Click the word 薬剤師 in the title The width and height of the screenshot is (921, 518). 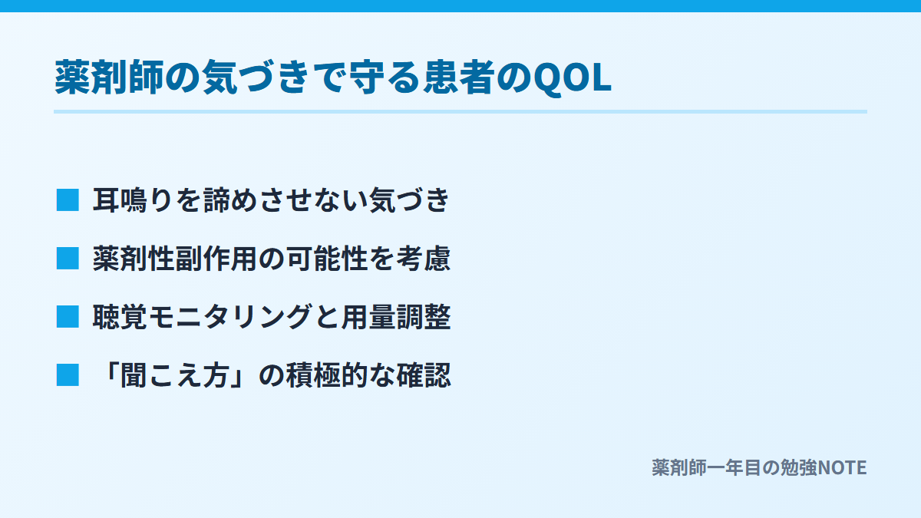[110, 78]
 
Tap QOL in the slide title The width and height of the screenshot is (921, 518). [572, 78]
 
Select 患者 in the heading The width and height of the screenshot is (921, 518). [459, 78]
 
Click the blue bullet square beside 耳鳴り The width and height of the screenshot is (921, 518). [68, 200]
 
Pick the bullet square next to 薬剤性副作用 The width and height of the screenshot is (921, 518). [68, 258]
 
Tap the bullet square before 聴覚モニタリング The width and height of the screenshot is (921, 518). [68, 316]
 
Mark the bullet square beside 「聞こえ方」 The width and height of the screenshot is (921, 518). [68, 375]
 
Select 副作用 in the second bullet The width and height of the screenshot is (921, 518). [216, 259]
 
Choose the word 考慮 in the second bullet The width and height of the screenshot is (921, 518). [424, 259]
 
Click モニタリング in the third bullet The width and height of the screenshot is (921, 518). [229, 317]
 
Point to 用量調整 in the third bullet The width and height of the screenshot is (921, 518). [396, 317]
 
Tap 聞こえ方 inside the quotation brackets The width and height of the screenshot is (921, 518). [175, 375]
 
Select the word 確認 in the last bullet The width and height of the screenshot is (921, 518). [424, 375]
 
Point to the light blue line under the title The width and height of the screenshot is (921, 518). [460, 111]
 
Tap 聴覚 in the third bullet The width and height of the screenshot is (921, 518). [120, 317]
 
